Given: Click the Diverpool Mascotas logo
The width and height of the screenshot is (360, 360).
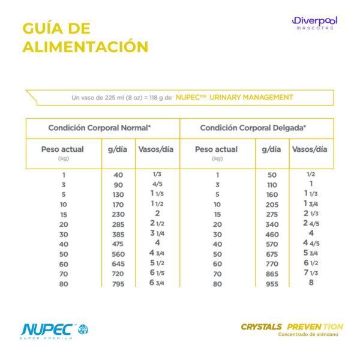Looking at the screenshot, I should coord(315,24).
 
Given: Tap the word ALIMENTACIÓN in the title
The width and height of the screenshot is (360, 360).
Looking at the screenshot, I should coord(85,47).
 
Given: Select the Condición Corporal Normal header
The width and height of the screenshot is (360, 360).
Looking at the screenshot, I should coord(100,128).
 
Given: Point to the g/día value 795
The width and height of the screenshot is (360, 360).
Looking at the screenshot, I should coord(118,284).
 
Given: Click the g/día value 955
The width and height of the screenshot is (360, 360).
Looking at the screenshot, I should coord(272,284).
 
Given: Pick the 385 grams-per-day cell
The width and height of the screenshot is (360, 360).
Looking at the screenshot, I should coord(118,234).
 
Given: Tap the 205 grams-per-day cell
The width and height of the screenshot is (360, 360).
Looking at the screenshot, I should coord(272,205).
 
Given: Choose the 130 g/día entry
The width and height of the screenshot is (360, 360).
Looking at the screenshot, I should coord(118,194).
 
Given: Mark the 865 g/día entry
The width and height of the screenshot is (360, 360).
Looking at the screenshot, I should coord(272,274).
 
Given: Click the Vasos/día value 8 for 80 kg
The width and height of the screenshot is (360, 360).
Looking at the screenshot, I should coord(311,283).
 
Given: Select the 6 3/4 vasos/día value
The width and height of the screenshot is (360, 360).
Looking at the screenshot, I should coord(157,283).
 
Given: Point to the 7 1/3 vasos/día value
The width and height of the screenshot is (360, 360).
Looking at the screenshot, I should coord(311,273).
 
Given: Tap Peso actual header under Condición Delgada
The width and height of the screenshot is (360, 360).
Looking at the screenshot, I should coord(217,149).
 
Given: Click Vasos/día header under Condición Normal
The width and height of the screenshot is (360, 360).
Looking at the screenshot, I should coord(156,149).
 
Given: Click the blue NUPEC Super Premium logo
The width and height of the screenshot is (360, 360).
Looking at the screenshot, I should coord(54,330).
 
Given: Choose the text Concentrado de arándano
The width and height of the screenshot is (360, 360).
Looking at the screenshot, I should coord(310,335).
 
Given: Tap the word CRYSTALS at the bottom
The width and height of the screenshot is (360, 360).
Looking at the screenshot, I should coord(262,327).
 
